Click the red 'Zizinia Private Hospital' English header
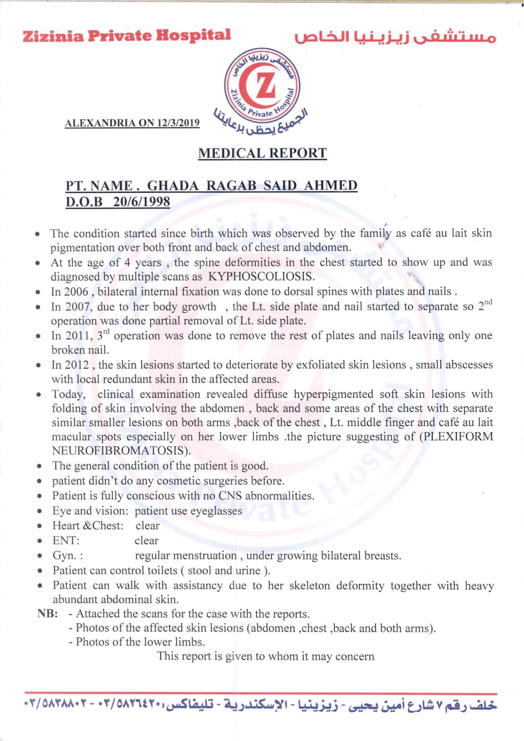click(x=126, y=36)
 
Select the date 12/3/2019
click(x=178, y=123)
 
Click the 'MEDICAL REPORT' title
click(x=262, y=153)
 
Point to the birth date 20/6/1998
click(x=141, y=202)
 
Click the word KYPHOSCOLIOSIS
click(x=261, y=277)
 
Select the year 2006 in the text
click(x=76, y=292)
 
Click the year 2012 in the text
click(x=76, y=365)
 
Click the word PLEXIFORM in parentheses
click(x=457, y=437)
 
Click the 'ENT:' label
click(x=66, y=540)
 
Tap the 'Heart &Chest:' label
click(x=88, y=526)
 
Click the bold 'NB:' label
click(x=48, y=614)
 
